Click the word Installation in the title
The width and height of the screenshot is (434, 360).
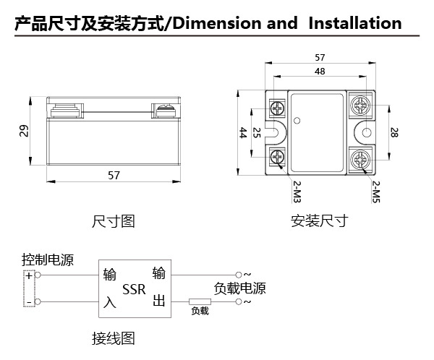pos(354,23)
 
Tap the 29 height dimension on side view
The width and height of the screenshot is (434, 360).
pos(24,131)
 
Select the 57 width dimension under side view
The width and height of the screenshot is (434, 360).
pos(114,175)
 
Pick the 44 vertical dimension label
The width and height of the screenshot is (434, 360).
pos(243,132)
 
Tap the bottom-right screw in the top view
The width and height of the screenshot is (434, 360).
pos(359,158)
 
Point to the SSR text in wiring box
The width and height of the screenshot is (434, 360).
pos(134,291)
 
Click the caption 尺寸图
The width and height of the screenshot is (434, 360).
pos(114,220)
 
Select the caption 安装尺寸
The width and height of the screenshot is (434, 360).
pos(319,220)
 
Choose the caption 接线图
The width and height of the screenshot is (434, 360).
pos(114,338)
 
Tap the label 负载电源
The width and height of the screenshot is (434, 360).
pos(240,288)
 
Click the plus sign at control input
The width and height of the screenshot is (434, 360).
pos(29,275)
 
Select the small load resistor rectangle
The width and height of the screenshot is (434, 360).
pos(200,301)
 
